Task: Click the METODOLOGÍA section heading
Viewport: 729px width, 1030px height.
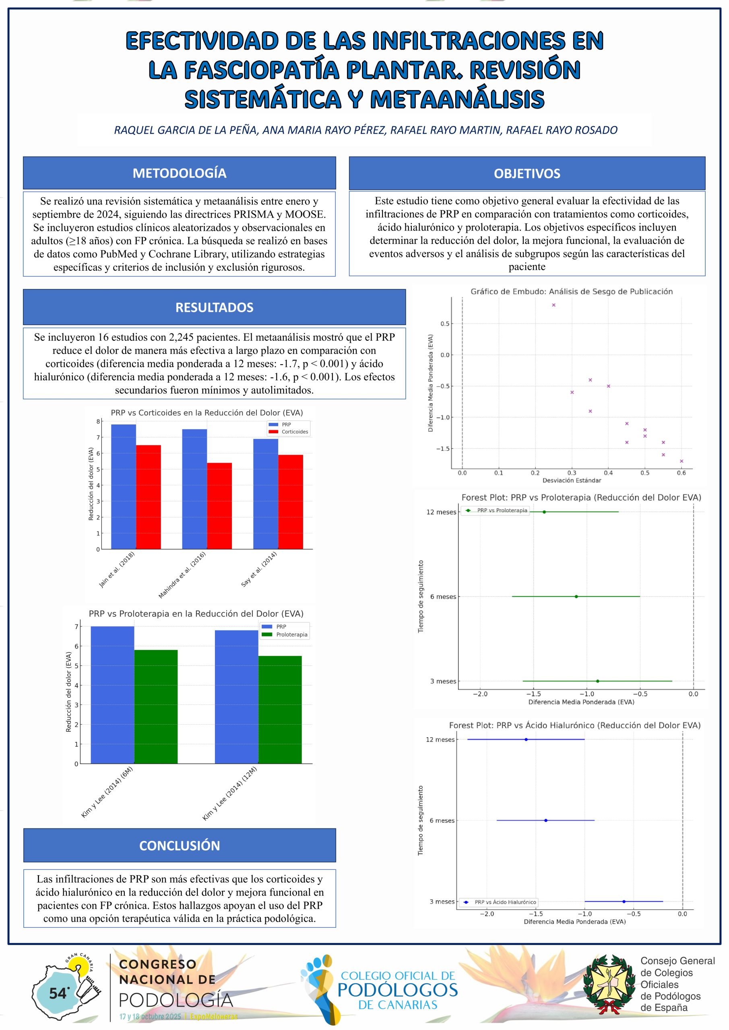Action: click(x=179, y=173)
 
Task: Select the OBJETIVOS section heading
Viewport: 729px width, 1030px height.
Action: click(x=527, y=173)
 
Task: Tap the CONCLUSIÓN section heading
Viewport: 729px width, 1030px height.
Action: click(x=179, y=845)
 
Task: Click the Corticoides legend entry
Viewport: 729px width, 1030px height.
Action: click(x=295, y=432)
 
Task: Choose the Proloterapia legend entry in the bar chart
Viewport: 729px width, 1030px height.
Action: click(x=291, y=634)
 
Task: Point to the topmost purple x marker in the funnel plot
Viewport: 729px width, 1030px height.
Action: click(x=553, y=305)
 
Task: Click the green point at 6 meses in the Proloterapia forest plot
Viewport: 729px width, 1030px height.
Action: click(x=576, y=597)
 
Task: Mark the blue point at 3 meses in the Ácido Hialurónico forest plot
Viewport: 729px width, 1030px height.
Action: click(x=624, y=901)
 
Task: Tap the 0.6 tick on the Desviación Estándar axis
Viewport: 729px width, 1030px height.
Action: click(x=681, y=473)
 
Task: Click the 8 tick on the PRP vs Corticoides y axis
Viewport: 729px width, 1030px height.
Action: click(x=98, y=422)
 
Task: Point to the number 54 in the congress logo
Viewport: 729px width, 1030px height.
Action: click(x=58, y=994)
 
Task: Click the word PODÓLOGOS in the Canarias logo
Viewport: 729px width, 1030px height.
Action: click(x=397, y=990)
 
